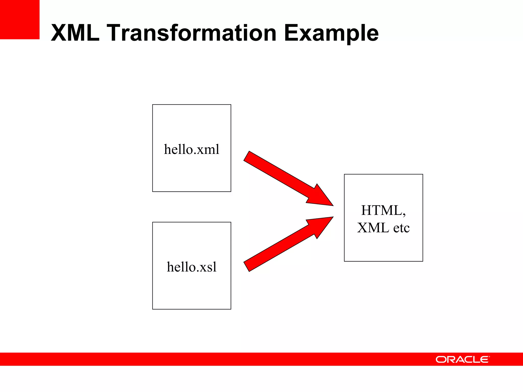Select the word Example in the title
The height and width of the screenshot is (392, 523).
[331, 33]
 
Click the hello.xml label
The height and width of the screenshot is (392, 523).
[192, 149]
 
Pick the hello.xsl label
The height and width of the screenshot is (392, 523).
[192, 267]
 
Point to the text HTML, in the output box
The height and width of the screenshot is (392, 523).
[383, 211]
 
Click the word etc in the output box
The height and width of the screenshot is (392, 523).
[401, 228]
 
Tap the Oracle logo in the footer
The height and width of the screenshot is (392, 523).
[462, 359]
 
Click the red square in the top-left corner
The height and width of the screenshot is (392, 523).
[20, 19]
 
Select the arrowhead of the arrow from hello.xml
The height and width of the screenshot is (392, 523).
[322, 198]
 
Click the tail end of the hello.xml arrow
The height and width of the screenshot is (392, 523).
[247, 156]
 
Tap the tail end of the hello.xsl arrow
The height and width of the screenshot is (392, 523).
[247, 266]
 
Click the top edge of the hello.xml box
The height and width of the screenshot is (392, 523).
[192, 105]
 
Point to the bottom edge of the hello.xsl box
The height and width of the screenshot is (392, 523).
[192, 309]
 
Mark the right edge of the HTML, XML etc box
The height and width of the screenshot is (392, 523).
[423, 218]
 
